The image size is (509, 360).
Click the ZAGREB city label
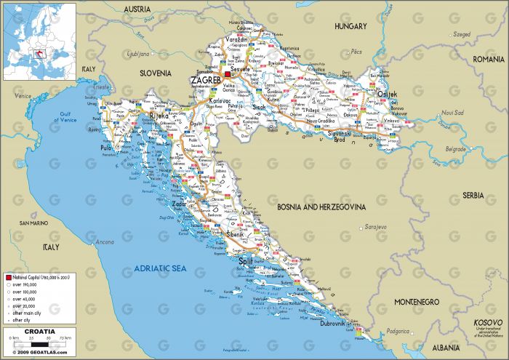click(205, 79)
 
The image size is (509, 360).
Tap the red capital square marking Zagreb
click(227, 74)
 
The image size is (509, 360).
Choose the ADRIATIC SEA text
click(161, 270)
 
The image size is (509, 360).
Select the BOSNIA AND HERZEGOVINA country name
click(321, 207)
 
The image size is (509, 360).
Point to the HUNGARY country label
click(351, 26)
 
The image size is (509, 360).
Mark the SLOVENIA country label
click(156, 73)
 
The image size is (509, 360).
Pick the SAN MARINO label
click(33, 223)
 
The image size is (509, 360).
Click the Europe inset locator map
click(39, 41)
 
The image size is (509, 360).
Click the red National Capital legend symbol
click(8, 278)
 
